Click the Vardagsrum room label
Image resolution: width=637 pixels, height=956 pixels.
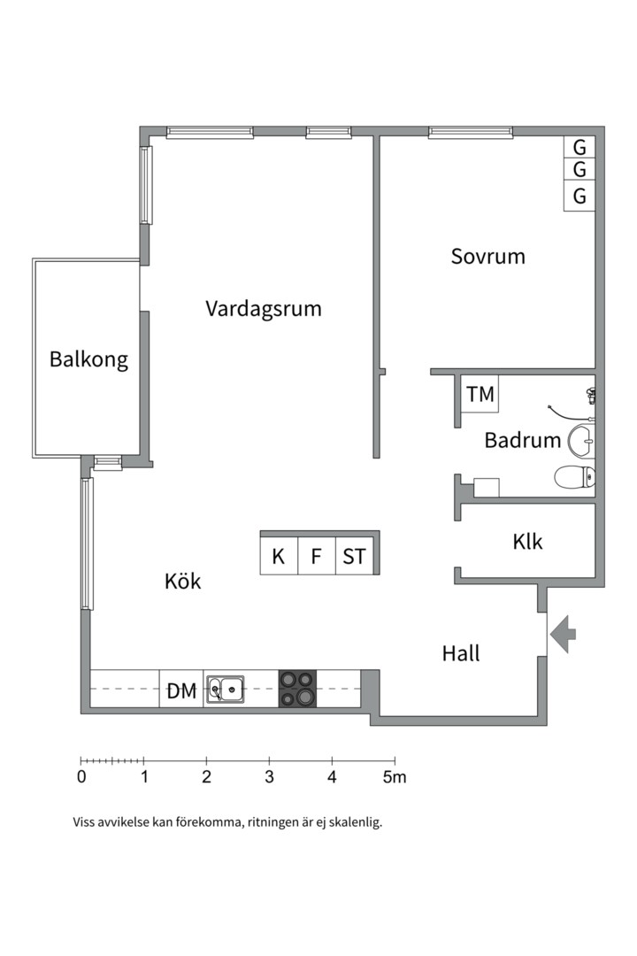pyautogui.click(x=264, y=309)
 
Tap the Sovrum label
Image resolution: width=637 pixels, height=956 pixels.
pyautogui.click(x=487, y=257)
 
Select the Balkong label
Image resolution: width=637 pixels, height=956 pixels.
pyautogui.click(x=88, y=359)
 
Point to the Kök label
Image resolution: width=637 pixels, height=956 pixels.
pyautogui.click(x=183, y=582)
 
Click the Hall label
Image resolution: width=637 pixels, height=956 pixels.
pyautogui.click(x=461, y=654)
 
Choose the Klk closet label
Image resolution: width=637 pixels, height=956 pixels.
pyautogui.click(x=527, y=542)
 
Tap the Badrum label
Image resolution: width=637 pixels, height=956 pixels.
pyautogui.click(x=522, y=440)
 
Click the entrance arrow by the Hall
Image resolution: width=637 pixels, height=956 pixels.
pyautogui.click(x=563, y=634)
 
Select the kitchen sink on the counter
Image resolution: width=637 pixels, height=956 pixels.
pyautogui.click(x=226, y=689)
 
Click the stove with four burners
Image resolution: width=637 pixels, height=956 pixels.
pyautogui.click(x=297, y=689)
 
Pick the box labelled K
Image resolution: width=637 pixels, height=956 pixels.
pyautogui.click(x=279, y=557)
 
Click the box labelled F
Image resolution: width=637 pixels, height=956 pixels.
pyautogui.click(x=316, y=557)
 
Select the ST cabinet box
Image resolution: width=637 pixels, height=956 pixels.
pyautogui.click(x=354, y=557)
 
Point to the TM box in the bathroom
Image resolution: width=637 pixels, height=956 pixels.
pyautogui.click(x=480, y=394)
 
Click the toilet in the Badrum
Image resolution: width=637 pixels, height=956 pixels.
pyautogui.click(x=572, y=478)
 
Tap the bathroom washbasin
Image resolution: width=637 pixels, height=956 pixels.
pyautogui.click(x=581, y=438)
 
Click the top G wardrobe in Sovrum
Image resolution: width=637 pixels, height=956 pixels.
pyautogui.click(x=579, y=147)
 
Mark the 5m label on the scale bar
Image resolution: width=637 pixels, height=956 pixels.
pyautogui.click(x=395, y=778)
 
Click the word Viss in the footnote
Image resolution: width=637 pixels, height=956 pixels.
pyautogui.click(x=86, y=822)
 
